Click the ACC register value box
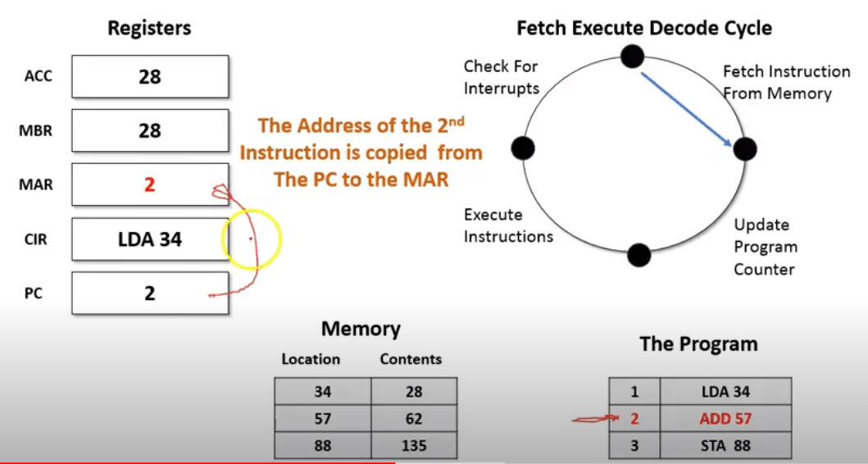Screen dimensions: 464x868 point(150,77)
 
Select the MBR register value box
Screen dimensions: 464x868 point(150,130)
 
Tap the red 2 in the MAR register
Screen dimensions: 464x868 point(149,184)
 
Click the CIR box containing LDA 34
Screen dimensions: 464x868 point(150,239)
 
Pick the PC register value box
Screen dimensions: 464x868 point(150,293)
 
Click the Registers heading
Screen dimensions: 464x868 point(149,28)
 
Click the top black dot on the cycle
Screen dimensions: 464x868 point(631,56)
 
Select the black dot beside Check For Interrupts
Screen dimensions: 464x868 point(523,148)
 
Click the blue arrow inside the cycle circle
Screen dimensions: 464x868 point(687,107)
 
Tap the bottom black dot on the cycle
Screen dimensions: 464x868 point(639,254)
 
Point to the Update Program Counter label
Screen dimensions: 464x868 point(764,247)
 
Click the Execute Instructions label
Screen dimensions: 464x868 point(508,225)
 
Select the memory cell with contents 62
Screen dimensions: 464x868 point(414,419)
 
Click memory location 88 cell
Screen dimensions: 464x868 point(323,446)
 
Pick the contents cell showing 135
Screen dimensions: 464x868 point(414,446)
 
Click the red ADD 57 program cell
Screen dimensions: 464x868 point(725,419)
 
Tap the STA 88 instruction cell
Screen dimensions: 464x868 point(725,446)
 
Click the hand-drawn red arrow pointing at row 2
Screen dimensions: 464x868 point(594,421)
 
